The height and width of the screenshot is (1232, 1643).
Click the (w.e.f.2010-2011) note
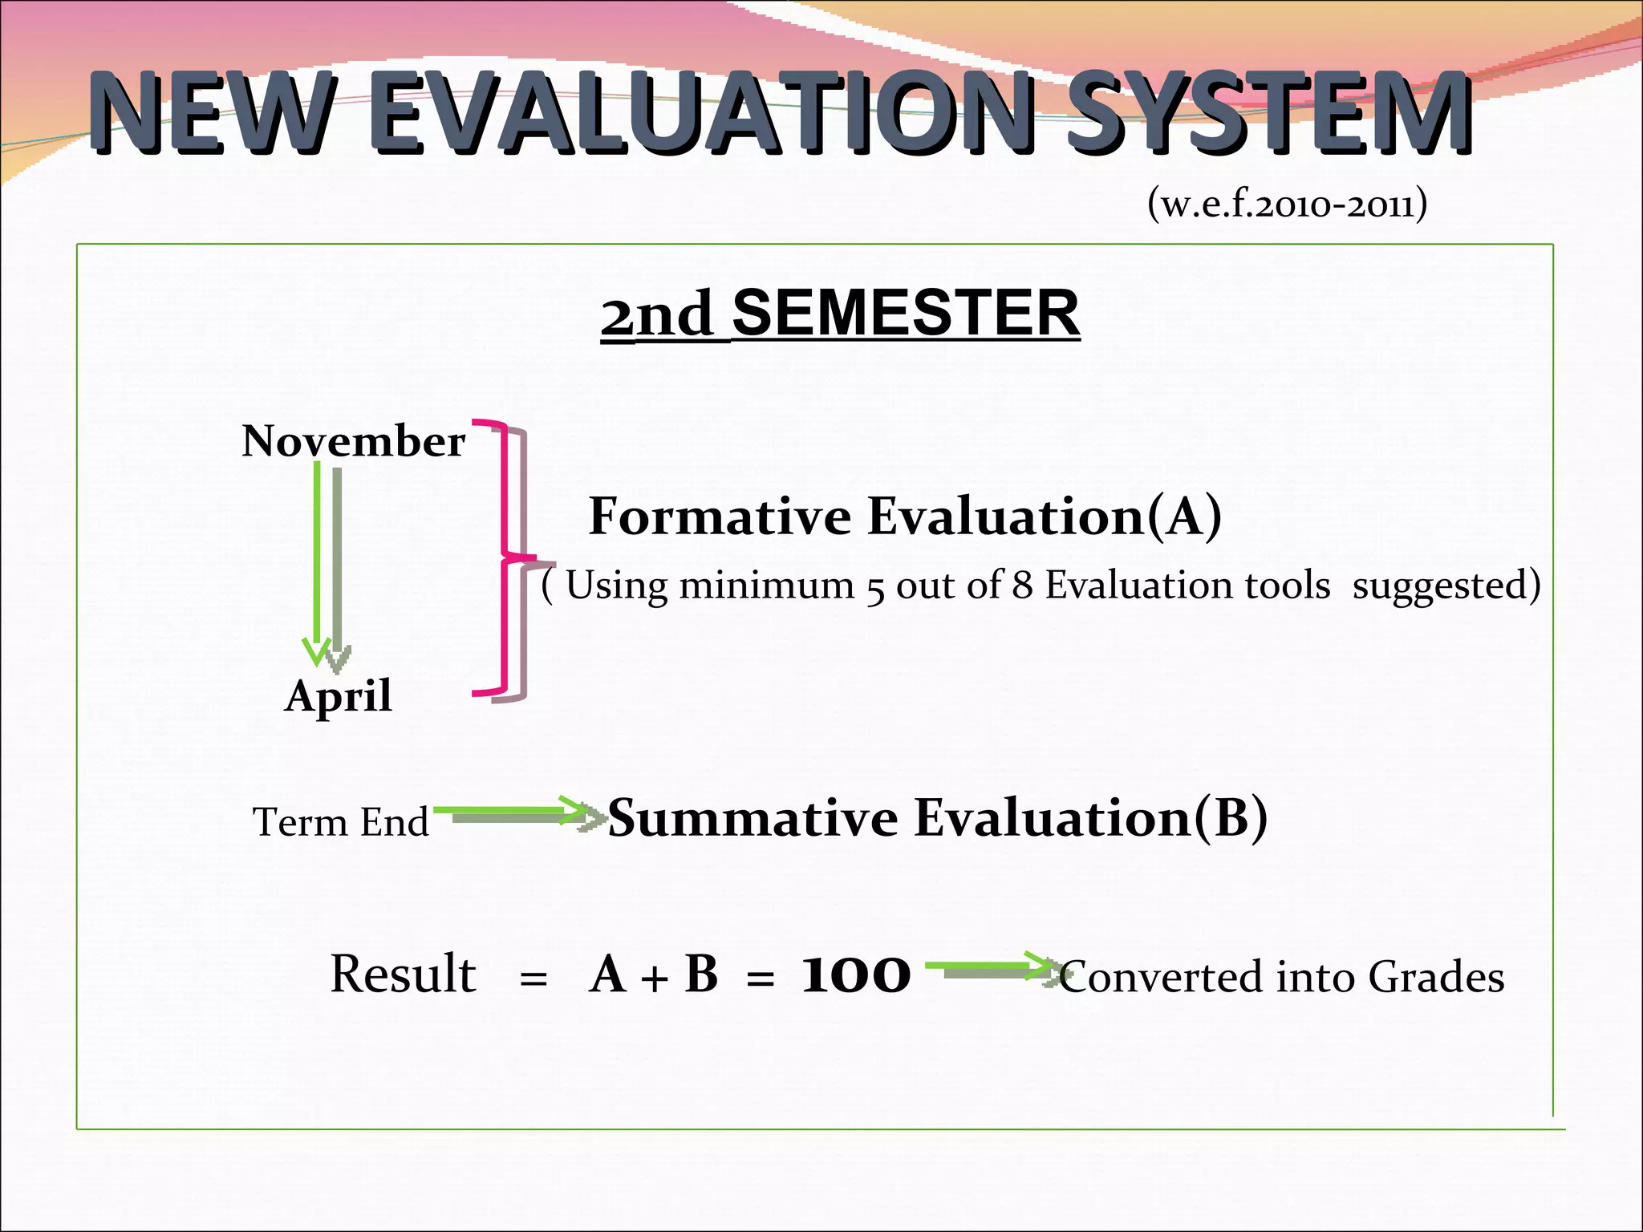(1287, 205)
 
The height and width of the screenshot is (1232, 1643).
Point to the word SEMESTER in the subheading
(906, 314)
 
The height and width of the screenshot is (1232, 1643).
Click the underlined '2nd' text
(657, 315)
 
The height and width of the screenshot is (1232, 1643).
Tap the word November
(353, 442)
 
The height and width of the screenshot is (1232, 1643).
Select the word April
(339, 695)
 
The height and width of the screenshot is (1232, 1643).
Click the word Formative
(720, 516)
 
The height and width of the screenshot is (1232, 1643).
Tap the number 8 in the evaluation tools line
(1021, 586)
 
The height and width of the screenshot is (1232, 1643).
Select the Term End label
(341, 822)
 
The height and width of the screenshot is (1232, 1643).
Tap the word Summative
(753, 818)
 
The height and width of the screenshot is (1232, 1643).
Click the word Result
(403, 975)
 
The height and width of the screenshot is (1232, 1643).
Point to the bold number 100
(856, 975)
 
